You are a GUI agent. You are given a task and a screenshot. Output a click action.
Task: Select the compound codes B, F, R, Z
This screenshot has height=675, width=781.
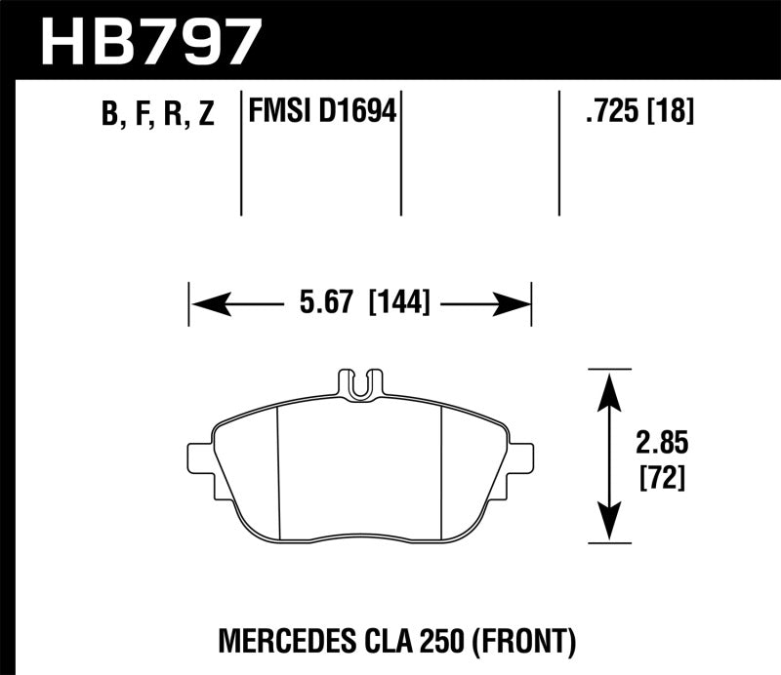[x=157, y=116]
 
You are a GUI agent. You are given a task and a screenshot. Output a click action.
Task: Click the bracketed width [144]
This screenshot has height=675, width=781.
[x=397, y=304]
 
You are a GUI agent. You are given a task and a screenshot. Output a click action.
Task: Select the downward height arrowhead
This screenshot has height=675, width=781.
[x=609, y=524]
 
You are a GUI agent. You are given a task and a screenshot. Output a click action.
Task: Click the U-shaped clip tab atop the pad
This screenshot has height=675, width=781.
[x=359, y=383]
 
